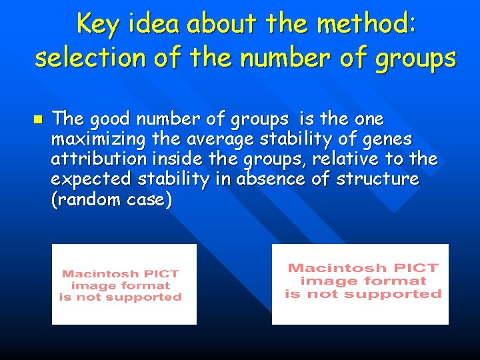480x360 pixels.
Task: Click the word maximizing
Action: tap(92, 139)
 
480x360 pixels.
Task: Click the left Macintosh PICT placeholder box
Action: tap(124, 285)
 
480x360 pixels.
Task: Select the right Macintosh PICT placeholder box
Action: tap(360, 284)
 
